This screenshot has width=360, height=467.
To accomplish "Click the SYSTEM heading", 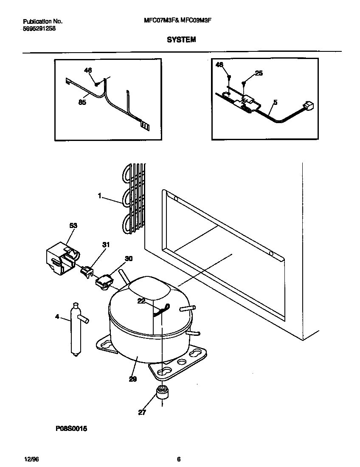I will coord(181,39).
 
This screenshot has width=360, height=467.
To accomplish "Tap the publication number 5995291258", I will coord(39,28).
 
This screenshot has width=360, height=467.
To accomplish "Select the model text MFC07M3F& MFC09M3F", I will coord(182,21).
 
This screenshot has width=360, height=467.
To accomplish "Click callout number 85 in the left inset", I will coord(82,102).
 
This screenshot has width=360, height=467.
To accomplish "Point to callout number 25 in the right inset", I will coord(259,73).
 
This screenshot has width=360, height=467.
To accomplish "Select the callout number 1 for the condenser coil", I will coord(99,196).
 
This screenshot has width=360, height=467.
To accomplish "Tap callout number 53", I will coord(73,226).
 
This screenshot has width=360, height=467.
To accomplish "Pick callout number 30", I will coord(128,258).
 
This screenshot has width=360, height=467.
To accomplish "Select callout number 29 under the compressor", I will coord(133,379).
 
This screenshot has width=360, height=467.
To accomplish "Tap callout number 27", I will coord(142,412).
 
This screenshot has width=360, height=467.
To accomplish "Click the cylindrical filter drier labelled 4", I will coord(75,329).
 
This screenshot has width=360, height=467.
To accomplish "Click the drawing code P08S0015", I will coord(71,429).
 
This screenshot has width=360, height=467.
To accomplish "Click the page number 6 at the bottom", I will coord(179,459).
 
